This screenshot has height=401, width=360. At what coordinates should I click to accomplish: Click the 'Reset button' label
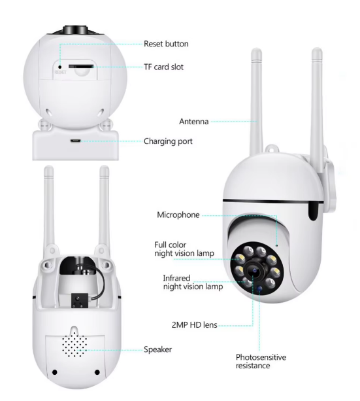click(166, 44)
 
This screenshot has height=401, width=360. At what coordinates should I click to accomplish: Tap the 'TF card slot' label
click(163, 67)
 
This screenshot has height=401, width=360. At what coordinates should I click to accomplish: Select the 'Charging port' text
click(168, 141)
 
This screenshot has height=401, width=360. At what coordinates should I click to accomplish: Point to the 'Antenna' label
click(193, 121)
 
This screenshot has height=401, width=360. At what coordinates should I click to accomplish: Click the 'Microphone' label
click(178, 215)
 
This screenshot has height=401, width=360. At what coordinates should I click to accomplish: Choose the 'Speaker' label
click(157, 349)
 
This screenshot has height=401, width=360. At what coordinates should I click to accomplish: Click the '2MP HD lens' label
click(194, 325)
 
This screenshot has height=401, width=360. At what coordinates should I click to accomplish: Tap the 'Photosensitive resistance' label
click(261, 361)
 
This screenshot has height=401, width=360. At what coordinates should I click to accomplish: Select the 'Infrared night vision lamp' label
click(193, 283)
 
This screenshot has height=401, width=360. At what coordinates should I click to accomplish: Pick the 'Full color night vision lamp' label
click(184, 249)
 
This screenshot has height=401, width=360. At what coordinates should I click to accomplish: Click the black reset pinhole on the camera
click(60, 67)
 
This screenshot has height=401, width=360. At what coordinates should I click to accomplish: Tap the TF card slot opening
click(80, 67)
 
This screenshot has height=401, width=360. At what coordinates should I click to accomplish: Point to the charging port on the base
click(75, 141)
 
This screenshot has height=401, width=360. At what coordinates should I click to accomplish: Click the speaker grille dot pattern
click(74, 343)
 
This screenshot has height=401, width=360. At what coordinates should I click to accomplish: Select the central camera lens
click(254, 270)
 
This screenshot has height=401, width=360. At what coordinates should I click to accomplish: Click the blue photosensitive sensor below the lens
click(260, 288)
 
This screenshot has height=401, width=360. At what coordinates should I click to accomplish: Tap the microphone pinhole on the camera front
click(276, 246)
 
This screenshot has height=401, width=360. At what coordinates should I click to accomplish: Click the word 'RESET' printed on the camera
click(60, 73)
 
